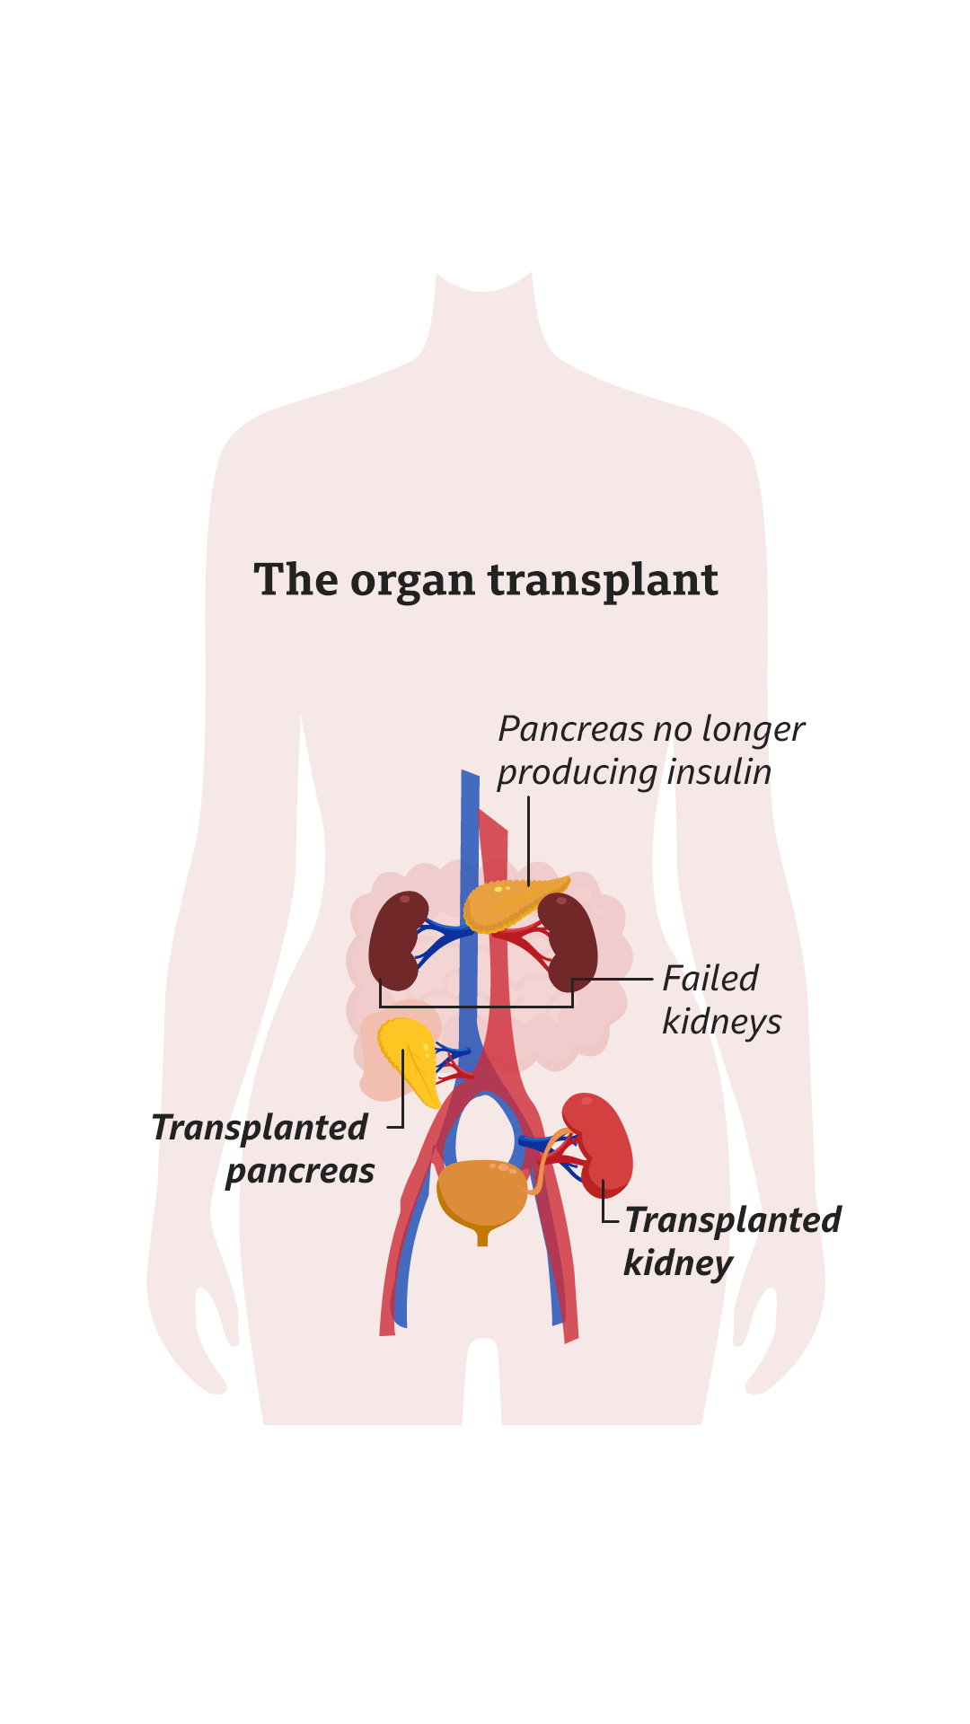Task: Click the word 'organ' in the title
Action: pyautogui.click(x=412, y=581)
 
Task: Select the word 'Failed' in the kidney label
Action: pyautogui.click(x=710, y=979)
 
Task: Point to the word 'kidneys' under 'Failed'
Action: pyautogui.click(x=722, y=1022)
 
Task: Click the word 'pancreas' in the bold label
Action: pyautogui.click(x=300, y=1171)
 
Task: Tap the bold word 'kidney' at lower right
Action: pyautogui.click(x=678, y=1263)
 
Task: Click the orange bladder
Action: pyautogui.click(x=481, y=1192)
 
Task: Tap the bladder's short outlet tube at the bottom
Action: pyautogui.click(x=482, y=1238)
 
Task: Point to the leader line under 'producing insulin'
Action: pyautogui.click(x=528, y=840)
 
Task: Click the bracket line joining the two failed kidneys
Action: pyautogui.click(x=476, y=1007)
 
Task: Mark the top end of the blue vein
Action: pyautogui.click(x=470, y=775)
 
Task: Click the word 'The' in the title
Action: pyautogui.click(x=295, y=580)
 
